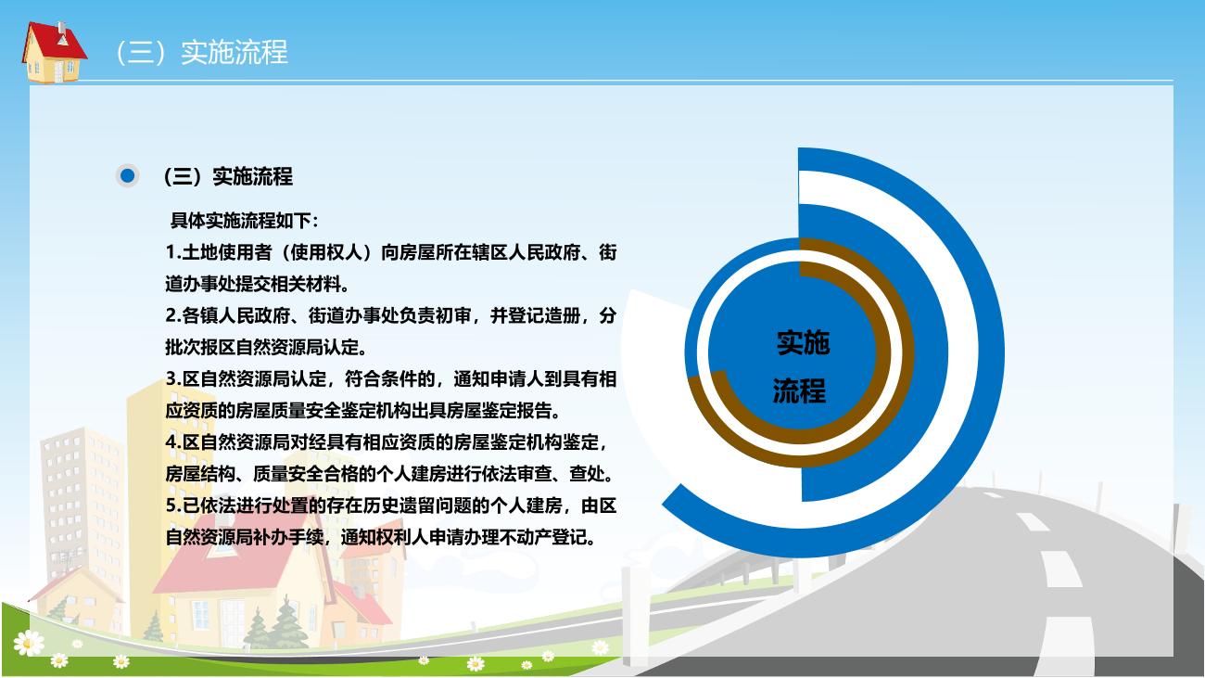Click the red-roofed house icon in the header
[x=54, y=52]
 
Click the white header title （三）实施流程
[x=202, y=52]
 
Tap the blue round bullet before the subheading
[x=128, y=176]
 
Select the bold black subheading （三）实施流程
[x=228, y=176]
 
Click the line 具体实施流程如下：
[x=245, y=221]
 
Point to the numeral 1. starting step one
[x=173, y=252]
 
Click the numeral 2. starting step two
[x=173, y=316]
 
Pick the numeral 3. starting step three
[x=173, y=378]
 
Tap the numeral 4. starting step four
[x=173, y=442]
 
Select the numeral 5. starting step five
[x=173, y=505]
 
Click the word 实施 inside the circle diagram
[x=803, y=343]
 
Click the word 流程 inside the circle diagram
[x=799, y=391]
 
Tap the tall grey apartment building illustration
[x=82, y=501]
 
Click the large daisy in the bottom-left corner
[x=28, y=643]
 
